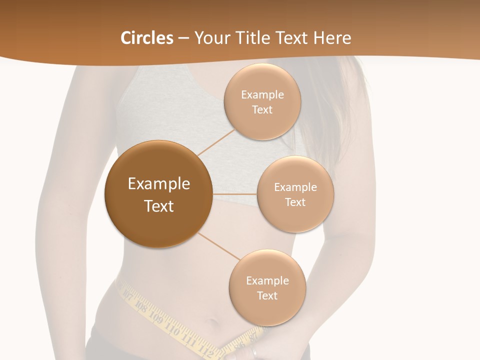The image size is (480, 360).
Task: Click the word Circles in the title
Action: tap(146, 38)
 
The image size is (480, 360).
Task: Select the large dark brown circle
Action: tap(158, 194)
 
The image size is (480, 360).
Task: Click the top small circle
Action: tap(262, 102)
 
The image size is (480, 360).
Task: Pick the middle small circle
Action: tap(295, 194)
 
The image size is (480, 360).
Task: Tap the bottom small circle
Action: tap(267, 288)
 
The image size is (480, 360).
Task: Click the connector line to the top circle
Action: tap(216, 142)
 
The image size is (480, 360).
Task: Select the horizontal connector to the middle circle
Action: tap(235, 194)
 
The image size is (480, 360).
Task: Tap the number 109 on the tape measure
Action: tap(156, 318)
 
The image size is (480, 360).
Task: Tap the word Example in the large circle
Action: tap(158, 184)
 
